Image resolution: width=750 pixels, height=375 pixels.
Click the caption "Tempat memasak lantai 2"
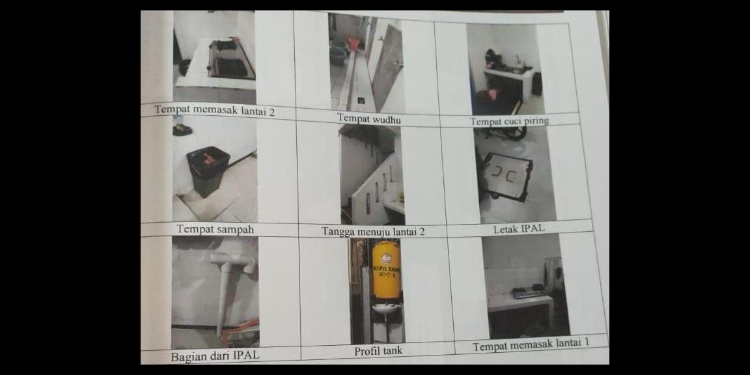(x=214, y=111)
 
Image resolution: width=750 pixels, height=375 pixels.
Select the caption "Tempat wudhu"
(x=368, y=118)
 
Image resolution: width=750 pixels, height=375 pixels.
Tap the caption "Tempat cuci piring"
(x=509, y=121)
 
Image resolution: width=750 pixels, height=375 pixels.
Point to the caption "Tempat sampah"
(x=215, y=229)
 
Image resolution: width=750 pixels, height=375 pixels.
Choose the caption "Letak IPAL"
(x=519, y=229)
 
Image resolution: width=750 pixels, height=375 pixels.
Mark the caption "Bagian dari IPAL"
(x=214, y=356)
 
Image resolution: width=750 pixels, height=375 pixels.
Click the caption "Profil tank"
(x=378, y=352)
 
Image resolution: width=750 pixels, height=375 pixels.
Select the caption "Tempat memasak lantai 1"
(x=531, y=346)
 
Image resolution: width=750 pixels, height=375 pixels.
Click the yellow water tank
(x=386, y=270)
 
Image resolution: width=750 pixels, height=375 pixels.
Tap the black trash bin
(x=208, y=171)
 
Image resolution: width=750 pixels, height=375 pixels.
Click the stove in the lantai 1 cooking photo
(x=529, y=293)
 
